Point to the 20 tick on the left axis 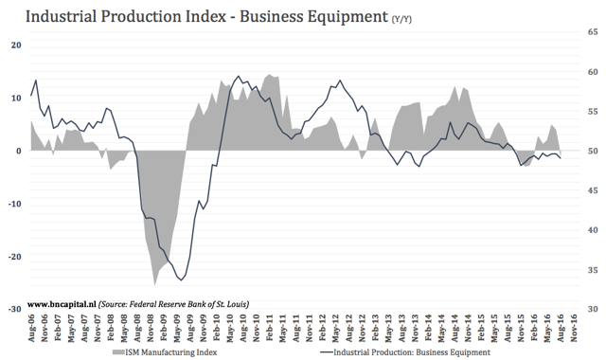coord(16,45)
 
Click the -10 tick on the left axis coord(14,204)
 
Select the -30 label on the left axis coord(14,310)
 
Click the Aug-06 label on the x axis coord(35,329)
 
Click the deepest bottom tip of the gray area coord(155,284)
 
